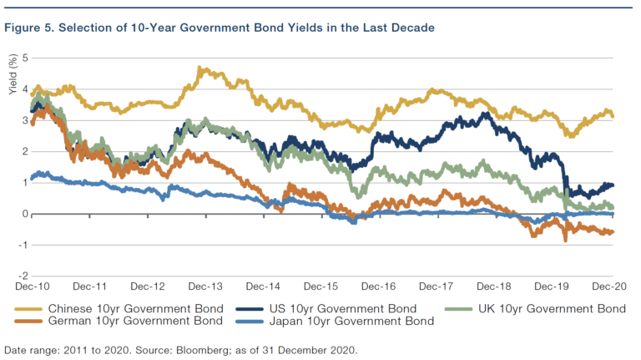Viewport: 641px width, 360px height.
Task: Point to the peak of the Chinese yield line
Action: point(201,68)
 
